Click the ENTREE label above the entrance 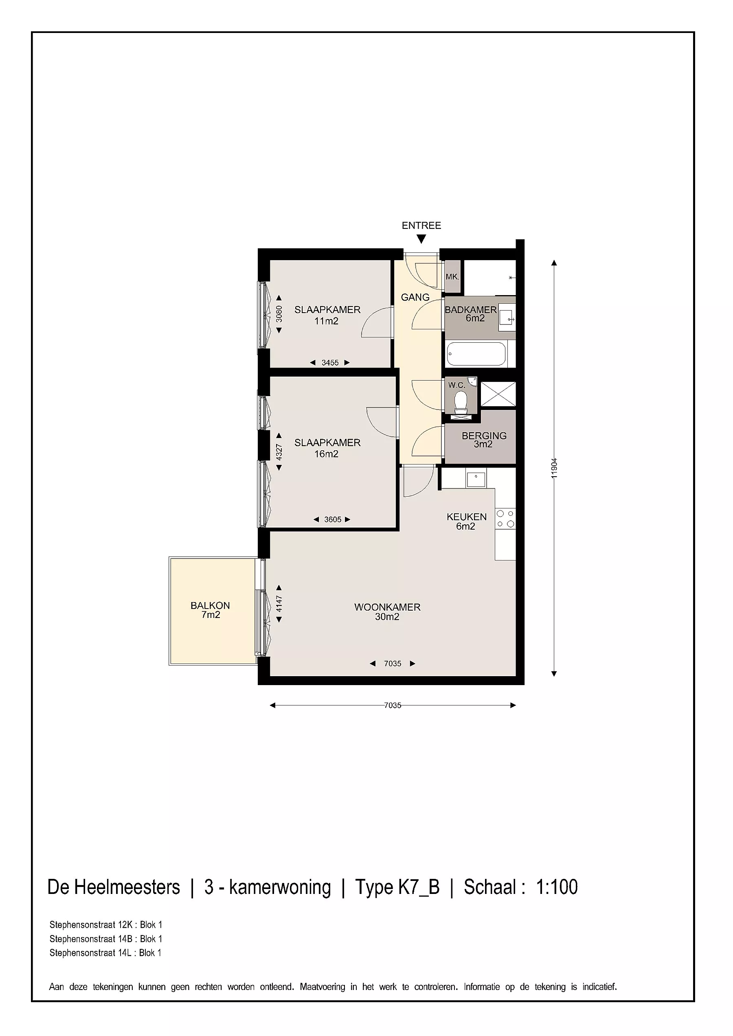click(x=421, y=226)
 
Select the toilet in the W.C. click(x=461, y=403)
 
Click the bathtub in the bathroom click(x=476, y=354)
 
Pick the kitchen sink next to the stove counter click(x=476, y=479)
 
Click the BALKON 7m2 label click(x=211, y=610)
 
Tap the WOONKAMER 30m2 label click(x=387, y=612)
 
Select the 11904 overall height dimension click(x=554, y=468)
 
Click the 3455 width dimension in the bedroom click(x=330, y=363)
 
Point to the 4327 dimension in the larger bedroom click(x=279, y=452)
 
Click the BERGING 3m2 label click(x=484, y=440)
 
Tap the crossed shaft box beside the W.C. click(x=498, y=394)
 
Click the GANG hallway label click(x=415, y=297)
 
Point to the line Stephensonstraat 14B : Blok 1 click(x=105, y=939)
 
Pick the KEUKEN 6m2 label click(x=467, y=521)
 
